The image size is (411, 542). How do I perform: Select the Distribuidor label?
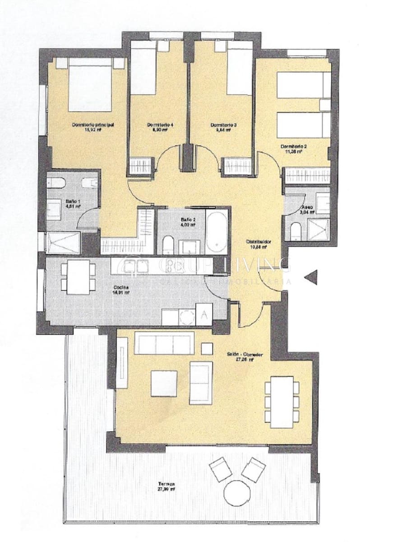pos(259,242)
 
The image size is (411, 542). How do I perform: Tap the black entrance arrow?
pos(311,277)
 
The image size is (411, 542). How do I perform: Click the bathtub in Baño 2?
pos(217,231)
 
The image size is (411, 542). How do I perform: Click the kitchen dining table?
pos(79,277)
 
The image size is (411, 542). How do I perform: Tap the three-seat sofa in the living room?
pos(164,344)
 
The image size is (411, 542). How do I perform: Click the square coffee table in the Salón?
pos(164,383)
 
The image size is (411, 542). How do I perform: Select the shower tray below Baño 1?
pos(63,243)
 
